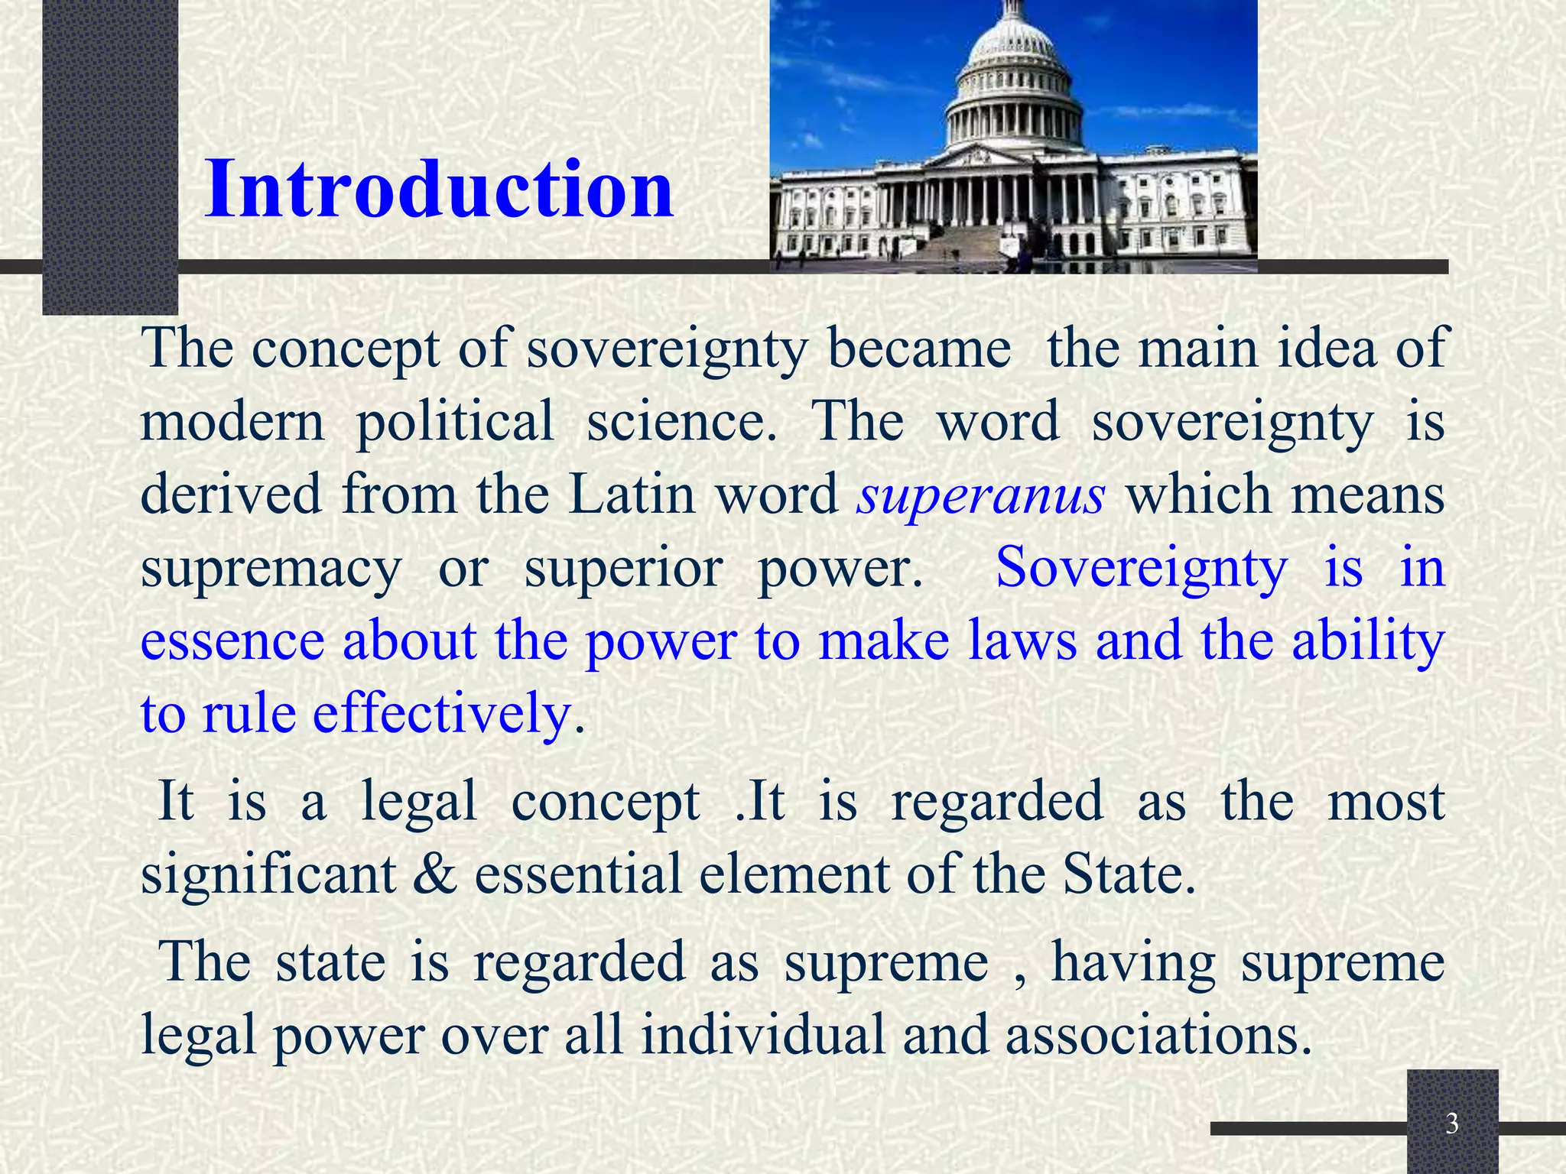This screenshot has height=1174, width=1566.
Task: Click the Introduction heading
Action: [439, 189]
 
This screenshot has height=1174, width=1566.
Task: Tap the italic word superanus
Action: [980, 495]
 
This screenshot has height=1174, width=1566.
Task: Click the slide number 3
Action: [1452, 1124]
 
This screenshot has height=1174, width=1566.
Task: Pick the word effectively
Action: [442, 713]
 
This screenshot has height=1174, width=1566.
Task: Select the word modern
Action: [232, 420]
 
